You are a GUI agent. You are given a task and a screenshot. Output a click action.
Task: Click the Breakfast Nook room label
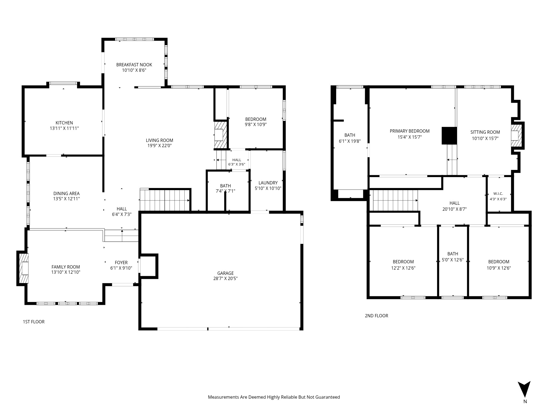134,65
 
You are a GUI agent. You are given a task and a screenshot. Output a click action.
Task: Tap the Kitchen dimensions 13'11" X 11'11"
64,128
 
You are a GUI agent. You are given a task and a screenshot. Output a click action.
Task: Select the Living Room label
159,140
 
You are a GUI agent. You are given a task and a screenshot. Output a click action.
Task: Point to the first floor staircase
165,200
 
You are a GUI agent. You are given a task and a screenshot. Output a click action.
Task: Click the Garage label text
226,273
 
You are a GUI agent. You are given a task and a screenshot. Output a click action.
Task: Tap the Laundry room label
268,183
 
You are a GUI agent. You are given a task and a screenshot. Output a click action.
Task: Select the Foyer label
121,262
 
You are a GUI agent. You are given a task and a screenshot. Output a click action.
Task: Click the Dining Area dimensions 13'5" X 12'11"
67,199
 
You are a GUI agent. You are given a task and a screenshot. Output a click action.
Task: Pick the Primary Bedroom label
410,131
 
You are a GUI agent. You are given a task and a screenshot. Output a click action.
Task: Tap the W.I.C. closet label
498,194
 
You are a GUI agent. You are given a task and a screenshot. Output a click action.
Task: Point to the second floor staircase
394,201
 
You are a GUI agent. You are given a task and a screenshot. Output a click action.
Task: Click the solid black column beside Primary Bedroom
449,136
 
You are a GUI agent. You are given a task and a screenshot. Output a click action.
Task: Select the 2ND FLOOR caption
376,316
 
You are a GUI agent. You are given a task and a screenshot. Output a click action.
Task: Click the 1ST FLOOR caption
34,322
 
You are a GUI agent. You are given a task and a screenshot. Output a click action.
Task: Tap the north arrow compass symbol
524,389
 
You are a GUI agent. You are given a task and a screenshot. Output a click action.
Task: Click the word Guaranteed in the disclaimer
327,397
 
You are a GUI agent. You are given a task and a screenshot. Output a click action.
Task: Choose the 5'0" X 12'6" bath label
453,260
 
